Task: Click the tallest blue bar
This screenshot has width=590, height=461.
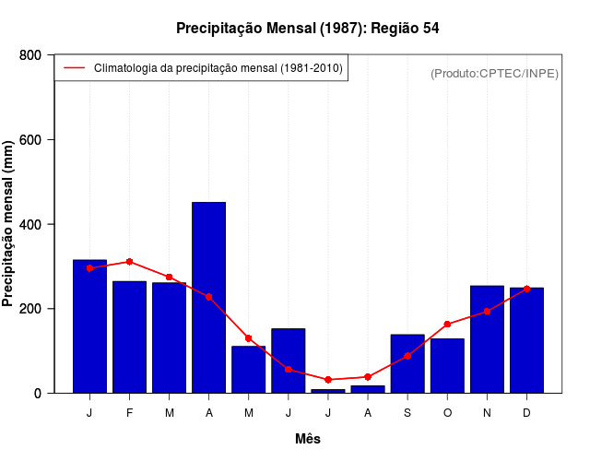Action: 208,297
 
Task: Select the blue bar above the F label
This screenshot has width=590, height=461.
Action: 129,337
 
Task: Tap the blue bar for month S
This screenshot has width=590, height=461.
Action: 407,363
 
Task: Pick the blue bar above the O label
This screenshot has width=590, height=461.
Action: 447,365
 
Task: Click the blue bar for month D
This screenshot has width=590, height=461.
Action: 526,340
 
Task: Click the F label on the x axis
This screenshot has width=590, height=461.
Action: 129,412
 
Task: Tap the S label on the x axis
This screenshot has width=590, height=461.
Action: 407,412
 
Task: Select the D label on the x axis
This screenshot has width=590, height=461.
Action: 526,412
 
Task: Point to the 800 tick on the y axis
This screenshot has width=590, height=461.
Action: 29,55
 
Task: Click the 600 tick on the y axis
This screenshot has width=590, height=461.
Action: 29,140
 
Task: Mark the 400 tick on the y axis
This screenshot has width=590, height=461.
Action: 29,224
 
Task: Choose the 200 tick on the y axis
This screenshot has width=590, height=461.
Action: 29,309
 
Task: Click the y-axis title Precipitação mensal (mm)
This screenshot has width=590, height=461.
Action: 9,224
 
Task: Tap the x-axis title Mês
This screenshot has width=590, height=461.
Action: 308,439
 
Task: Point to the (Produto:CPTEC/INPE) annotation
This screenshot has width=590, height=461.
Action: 494,73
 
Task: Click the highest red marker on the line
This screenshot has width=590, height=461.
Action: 129,262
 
